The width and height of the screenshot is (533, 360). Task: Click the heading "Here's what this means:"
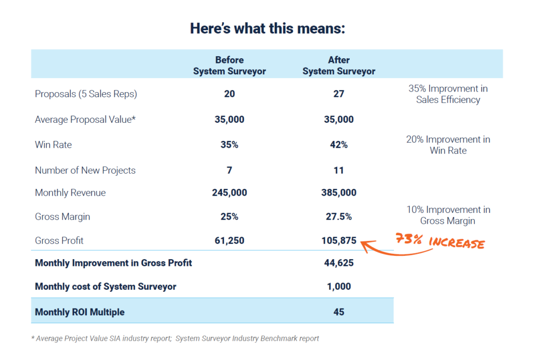[267, 28]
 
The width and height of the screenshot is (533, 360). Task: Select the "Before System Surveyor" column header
[229, 66]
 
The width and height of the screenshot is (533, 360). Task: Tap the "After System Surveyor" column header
[339, 66]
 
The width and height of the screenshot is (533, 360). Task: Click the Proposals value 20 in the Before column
[229, 94]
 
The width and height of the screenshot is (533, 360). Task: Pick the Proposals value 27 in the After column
[339, 94]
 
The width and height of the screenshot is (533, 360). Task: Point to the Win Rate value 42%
[339, 145]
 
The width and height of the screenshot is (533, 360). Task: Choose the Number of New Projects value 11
[339, 170]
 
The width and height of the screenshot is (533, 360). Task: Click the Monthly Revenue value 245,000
[229, 192]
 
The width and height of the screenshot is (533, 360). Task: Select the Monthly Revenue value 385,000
[339, 192]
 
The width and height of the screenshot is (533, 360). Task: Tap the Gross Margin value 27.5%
[339, 216]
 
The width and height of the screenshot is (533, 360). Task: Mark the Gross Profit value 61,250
[229, 240]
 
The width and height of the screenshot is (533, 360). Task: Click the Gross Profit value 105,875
[339, 240]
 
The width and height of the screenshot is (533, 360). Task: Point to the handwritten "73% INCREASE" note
[440, 241]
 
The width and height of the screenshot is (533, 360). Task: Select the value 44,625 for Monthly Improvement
[339, 263]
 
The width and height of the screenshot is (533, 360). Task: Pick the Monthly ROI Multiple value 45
[339, 312]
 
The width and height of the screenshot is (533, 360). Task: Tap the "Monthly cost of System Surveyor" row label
[105, 287]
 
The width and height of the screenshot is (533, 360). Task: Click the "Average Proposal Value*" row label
[85, 120]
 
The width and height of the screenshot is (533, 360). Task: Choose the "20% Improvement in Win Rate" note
[448, 145]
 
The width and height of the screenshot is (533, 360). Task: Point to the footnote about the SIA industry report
[175, 339]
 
